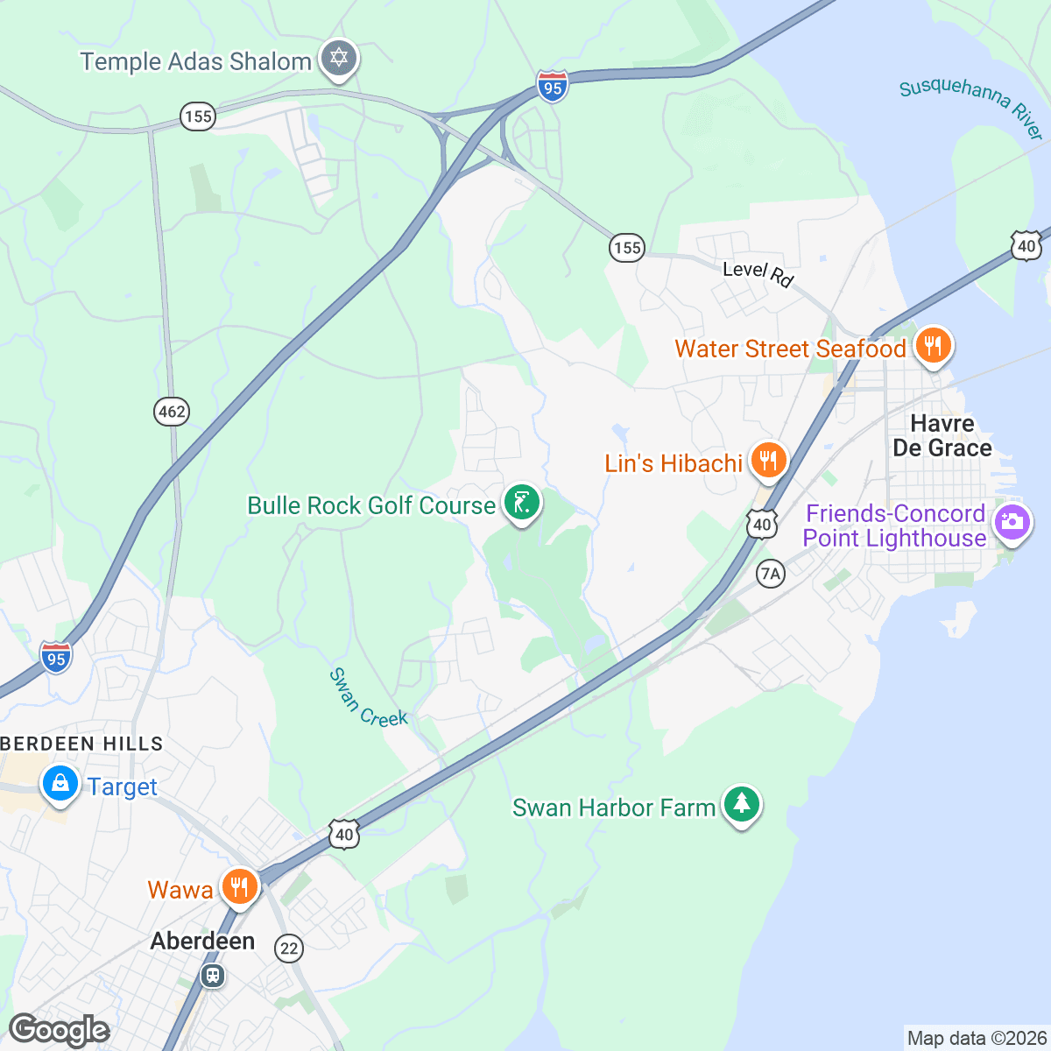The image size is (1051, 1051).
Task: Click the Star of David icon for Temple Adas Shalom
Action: (x=339, y=60)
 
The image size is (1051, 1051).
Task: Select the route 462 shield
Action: (x=172, y=411)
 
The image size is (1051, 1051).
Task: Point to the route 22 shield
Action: (x=289, y=948)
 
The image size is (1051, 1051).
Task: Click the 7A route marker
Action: (x=770, y=574)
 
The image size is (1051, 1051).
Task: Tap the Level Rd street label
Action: (x=758, y=273)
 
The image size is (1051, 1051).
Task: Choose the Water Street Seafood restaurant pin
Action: (x=934, y=346)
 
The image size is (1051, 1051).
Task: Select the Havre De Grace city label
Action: (x=942, y=435)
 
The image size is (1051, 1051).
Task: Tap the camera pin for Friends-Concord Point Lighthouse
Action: (x=1012, y=522)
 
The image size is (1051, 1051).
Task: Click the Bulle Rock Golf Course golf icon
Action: (x=522, y=504)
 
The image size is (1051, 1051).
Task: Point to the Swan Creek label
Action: (x=368, y=698)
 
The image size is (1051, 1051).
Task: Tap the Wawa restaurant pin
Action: (x=238, y=886)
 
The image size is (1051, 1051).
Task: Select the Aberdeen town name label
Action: (x=202, y=941)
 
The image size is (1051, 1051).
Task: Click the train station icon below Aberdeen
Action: (x=212, y=975)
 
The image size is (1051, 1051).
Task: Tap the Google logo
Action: (x=59, y=1030)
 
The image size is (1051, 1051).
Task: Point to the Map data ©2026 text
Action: (x=976, y=1039)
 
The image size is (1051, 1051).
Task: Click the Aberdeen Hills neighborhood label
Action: (x=81, y=744)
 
